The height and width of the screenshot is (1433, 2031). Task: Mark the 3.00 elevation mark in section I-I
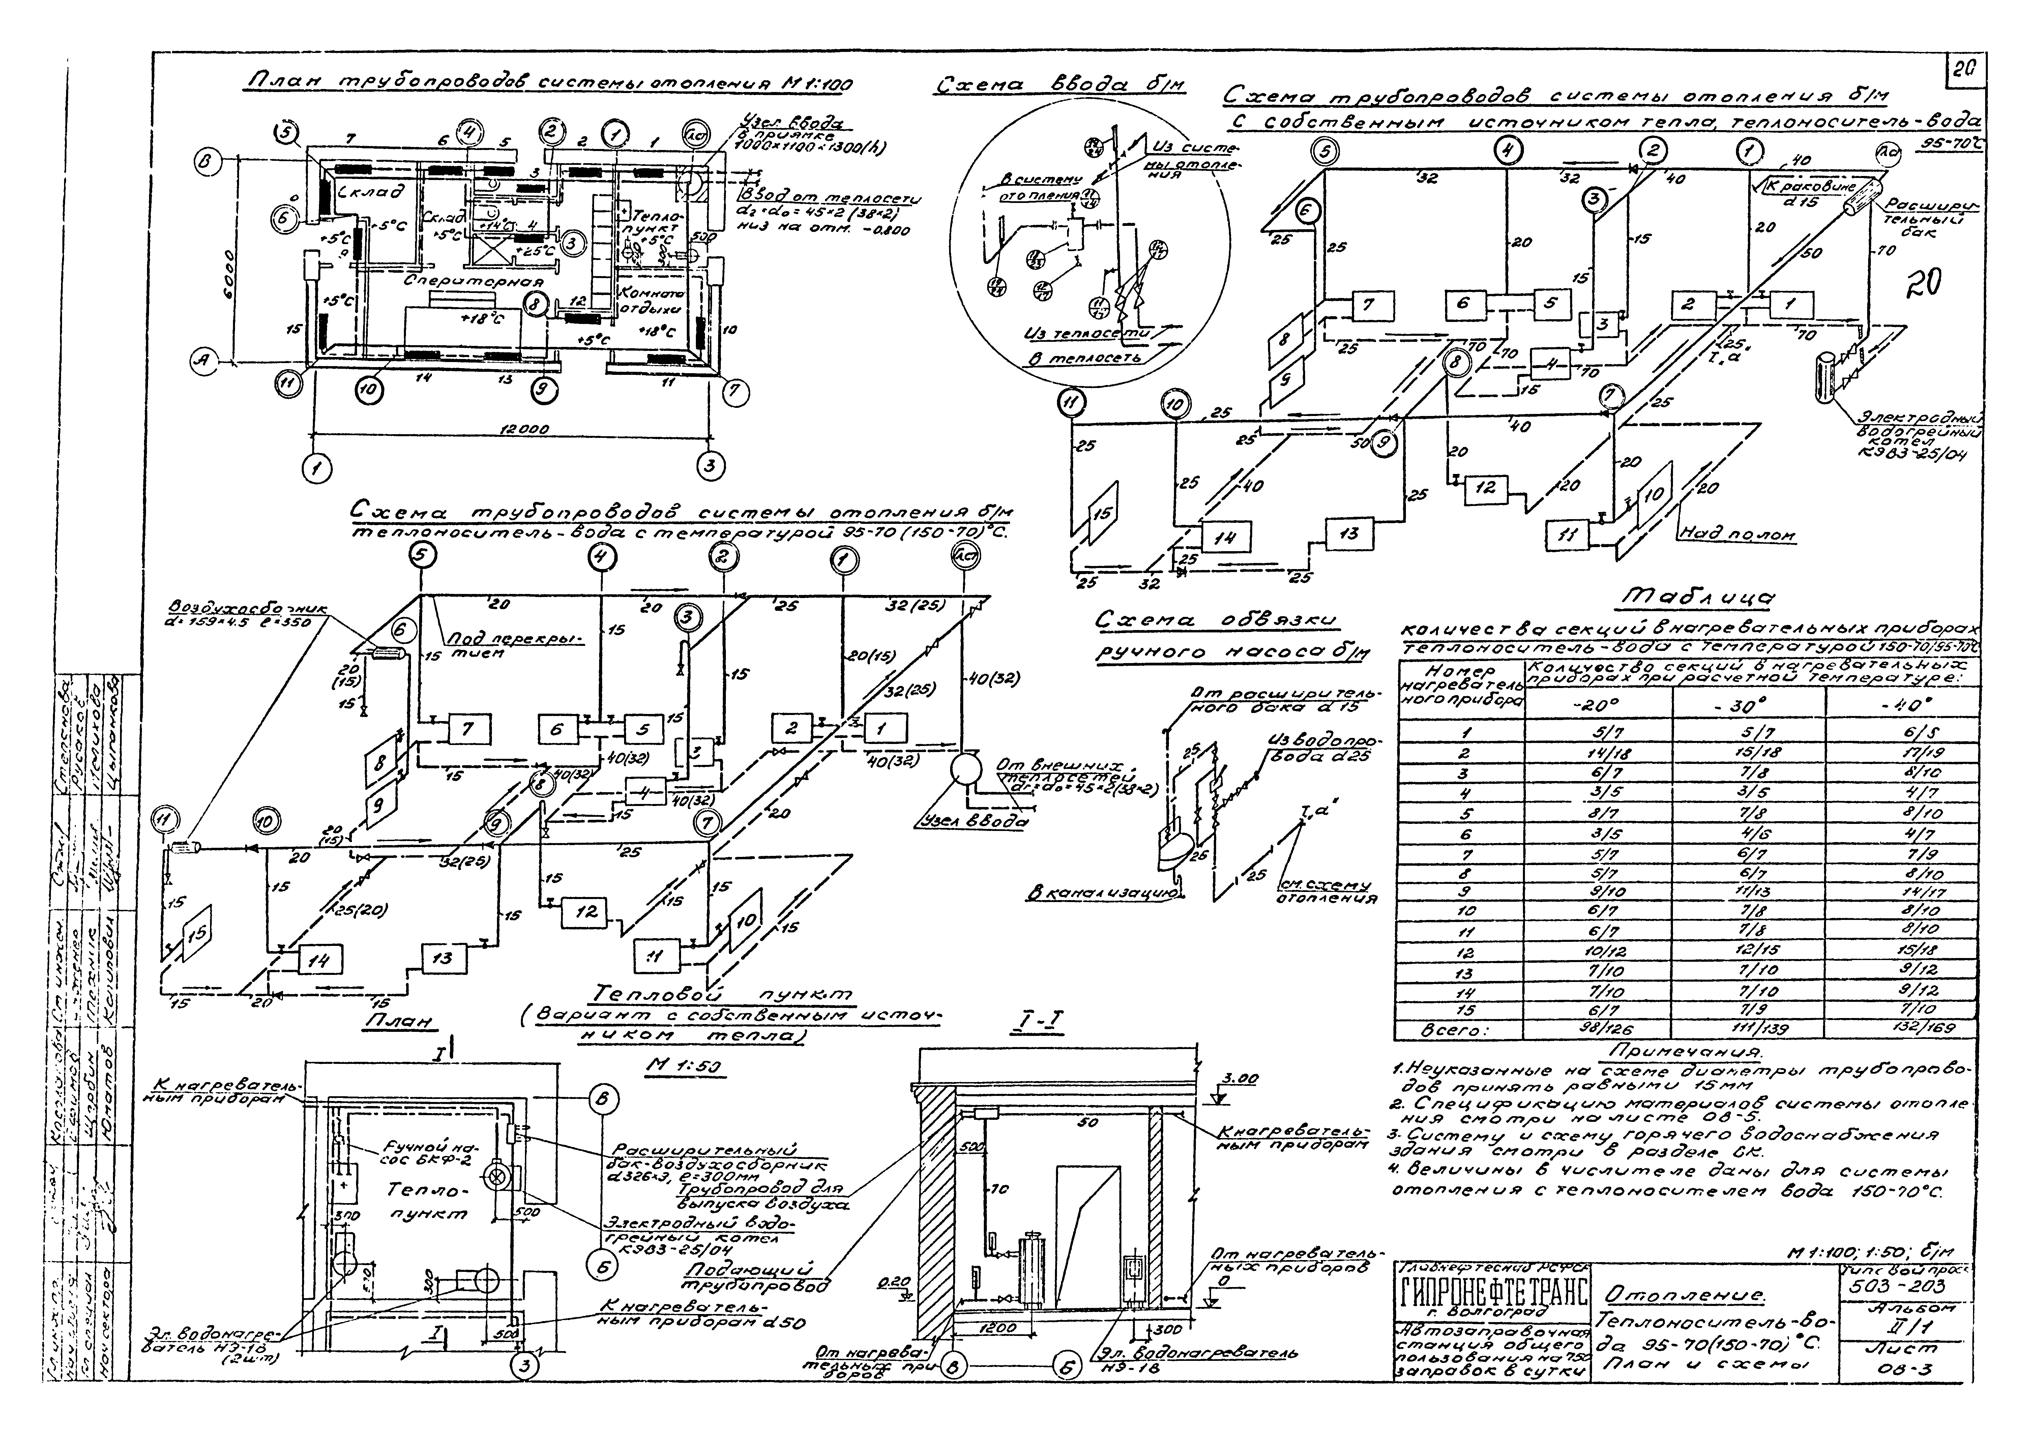[x=1238, y=1080]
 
